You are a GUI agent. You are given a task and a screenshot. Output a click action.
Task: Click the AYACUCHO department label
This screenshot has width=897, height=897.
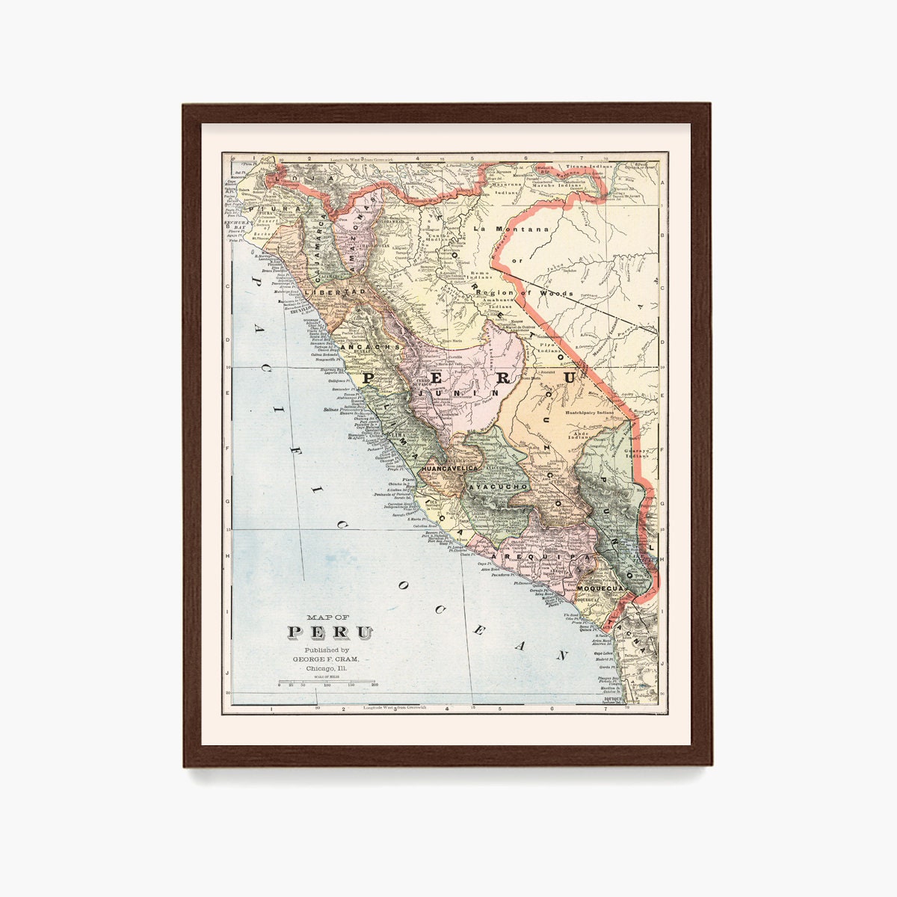pyautogui.click(x=499, y=487)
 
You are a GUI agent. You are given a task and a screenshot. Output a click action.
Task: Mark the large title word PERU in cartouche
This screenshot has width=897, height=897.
pyautogui.click(x=330, y=632)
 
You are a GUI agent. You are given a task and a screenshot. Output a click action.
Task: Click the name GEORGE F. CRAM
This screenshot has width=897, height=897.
pyautogui.click(x=326, y=659)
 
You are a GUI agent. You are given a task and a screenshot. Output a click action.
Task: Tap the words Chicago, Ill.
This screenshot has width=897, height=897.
pyautogui.click(x=327, y=669)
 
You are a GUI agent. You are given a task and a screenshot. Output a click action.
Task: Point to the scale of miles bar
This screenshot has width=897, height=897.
pyautogui.click(x=327, y=681)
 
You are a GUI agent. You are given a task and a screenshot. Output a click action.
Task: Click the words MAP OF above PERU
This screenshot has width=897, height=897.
pyautogui.click(x=327, y=617)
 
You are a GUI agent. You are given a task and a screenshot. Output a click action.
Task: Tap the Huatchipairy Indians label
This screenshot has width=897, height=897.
pyautogui.click(x=589, y=412)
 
